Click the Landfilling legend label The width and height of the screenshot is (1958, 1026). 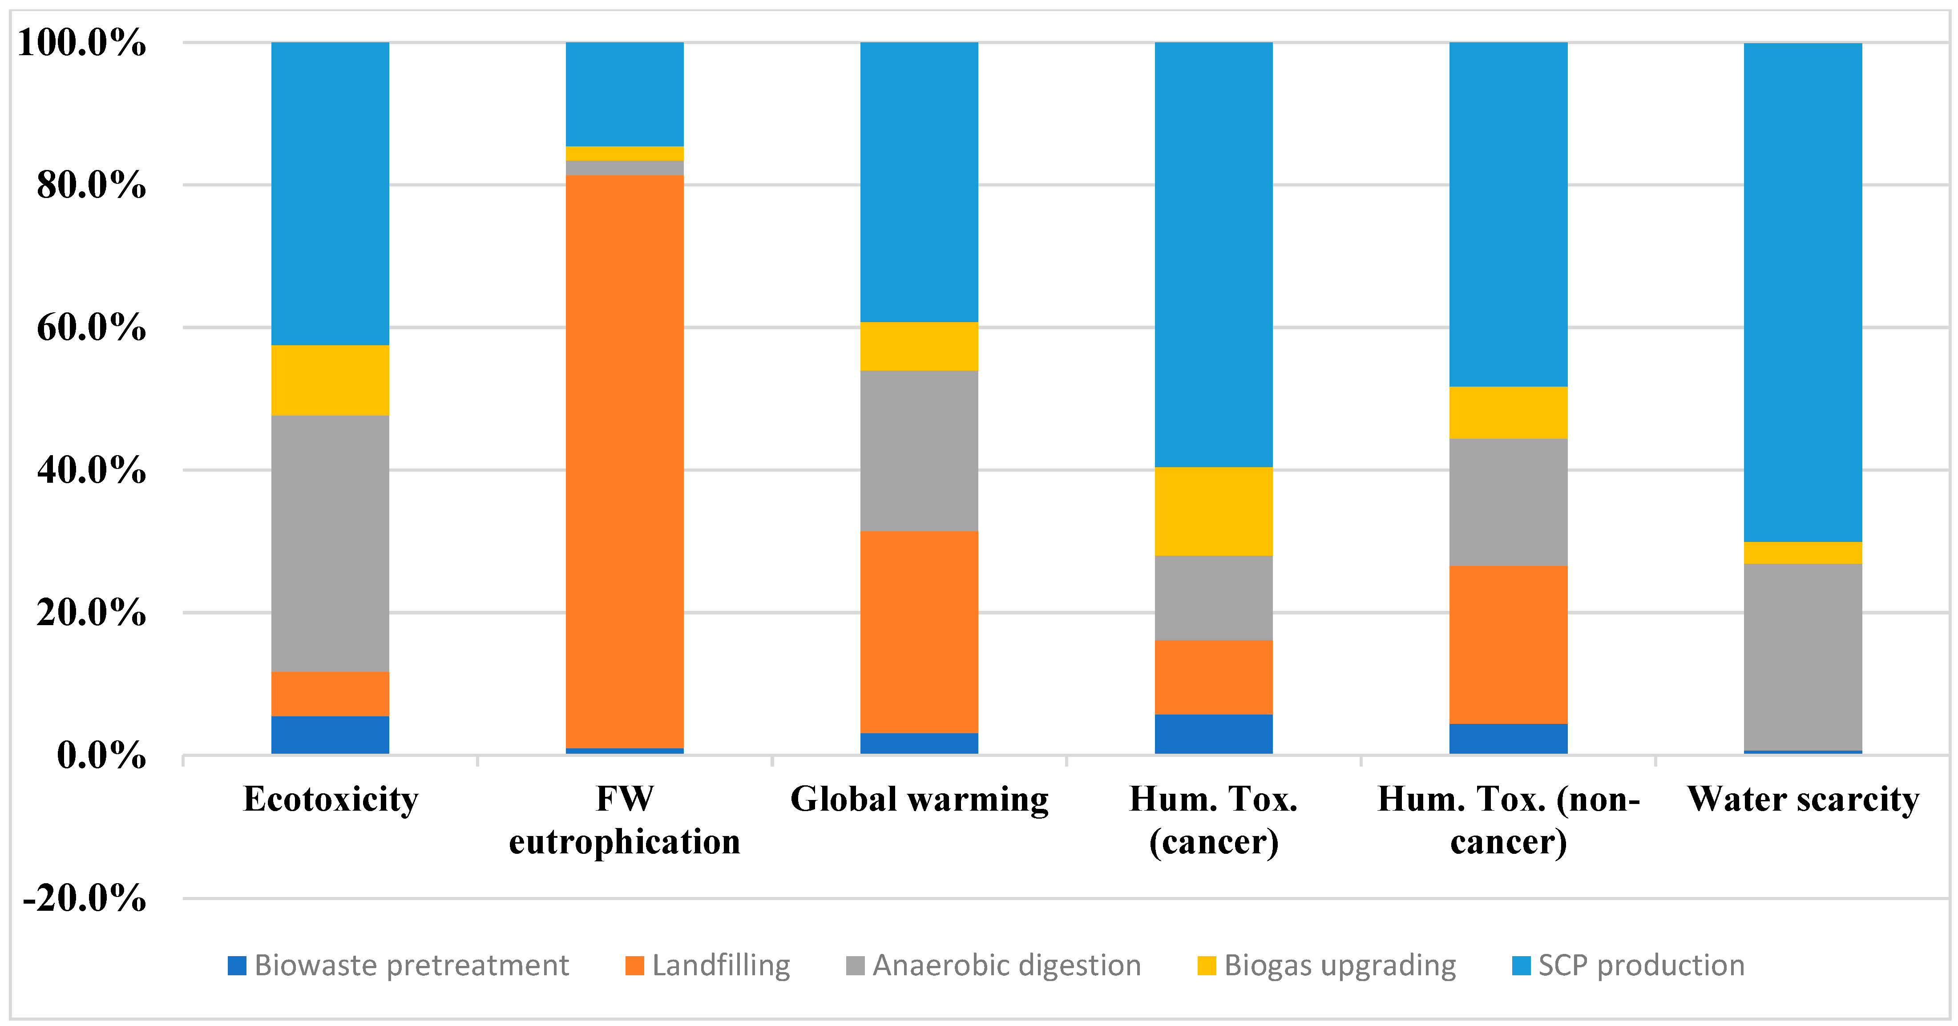721,965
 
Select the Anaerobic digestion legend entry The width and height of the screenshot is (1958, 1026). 994,965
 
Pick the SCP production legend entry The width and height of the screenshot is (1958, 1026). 1629,965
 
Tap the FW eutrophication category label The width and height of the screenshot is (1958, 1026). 624,820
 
